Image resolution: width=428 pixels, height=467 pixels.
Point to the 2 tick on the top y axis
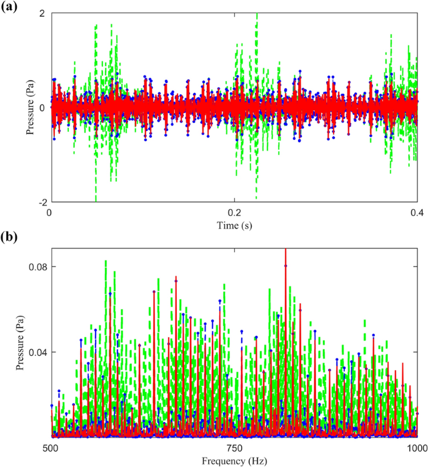[x=41, y=13]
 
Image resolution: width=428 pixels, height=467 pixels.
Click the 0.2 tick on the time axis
[x=234, y=212]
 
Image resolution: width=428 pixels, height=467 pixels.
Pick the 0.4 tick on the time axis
[x=417, y=212]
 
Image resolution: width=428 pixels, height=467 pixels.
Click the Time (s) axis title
[x=234, y=224]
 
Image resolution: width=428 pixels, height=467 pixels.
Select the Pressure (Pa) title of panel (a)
[x=30, y=107]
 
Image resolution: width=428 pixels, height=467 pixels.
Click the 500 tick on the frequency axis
[x=51, y=447]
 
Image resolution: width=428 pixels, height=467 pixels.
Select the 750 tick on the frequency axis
[x=234, y=447]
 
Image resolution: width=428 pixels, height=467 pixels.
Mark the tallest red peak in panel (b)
[x=286, y=250]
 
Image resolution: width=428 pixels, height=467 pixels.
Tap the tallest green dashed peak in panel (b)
[x=106, y=261]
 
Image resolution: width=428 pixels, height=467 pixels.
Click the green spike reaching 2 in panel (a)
[x=256, y=15]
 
